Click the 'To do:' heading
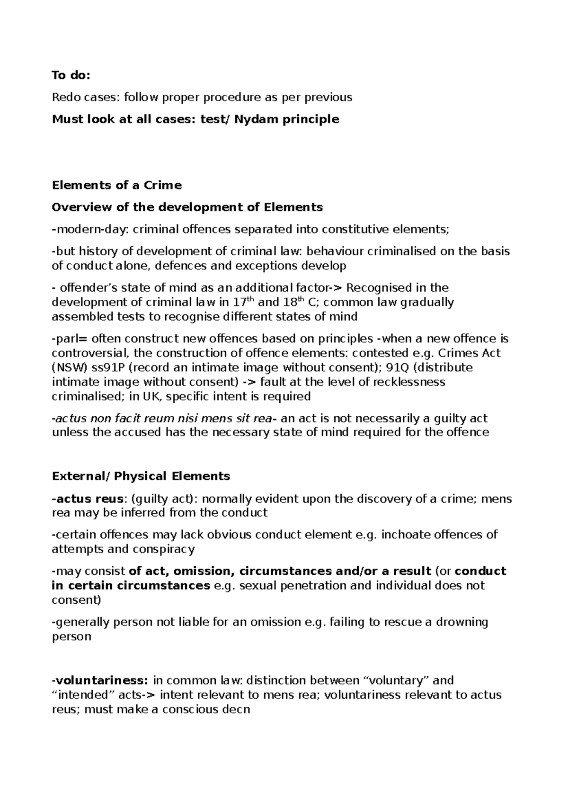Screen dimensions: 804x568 pos(71,76)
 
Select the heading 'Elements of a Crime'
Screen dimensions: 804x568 pos(116,185)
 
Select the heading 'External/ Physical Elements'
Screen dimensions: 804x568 pos(141,476)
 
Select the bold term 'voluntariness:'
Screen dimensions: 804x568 pos(101,680)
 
